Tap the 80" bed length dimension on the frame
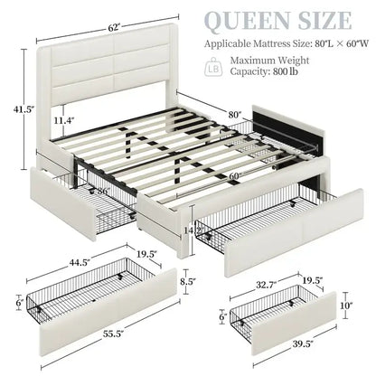click(237, 116)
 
